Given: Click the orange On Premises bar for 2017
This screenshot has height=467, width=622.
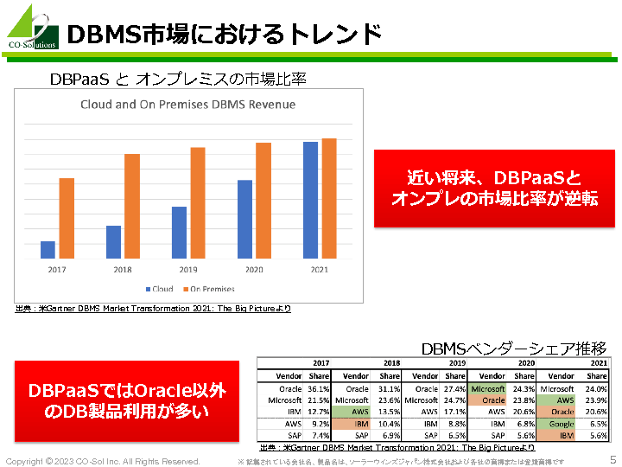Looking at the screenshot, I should [x=67, y=218].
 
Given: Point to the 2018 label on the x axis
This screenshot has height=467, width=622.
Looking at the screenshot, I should [x=123, y=270].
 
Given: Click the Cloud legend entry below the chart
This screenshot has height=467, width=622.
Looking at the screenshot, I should [x=159, y=289].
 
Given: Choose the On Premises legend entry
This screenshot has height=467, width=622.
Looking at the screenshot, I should [x=207, y=289].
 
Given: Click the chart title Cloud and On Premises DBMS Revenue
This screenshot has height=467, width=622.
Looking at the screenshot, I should [x=187, y=105].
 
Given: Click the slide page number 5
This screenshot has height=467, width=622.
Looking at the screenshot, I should [x=612, y=460].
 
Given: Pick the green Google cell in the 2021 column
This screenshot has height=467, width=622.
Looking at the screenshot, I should [x=561, y=425].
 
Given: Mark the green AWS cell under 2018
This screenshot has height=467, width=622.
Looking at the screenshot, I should [x=359, y=413].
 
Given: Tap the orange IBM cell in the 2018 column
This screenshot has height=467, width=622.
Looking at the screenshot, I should [x=359, y=425].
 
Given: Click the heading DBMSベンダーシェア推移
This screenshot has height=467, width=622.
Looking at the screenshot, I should [x=513, y=349].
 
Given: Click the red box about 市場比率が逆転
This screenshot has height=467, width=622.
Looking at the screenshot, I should [x=494, y=188].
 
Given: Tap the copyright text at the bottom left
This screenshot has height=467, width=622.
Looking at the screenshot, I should [x=104, y=461].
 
